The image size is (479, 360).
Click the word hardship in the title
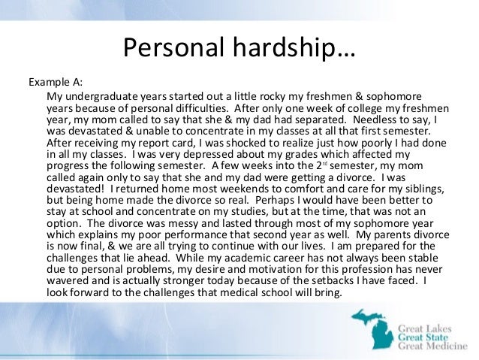pyautogui.click(x=279, y=49)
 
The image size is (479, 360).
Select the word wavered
pyautogui.click(x=71, y=289)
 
